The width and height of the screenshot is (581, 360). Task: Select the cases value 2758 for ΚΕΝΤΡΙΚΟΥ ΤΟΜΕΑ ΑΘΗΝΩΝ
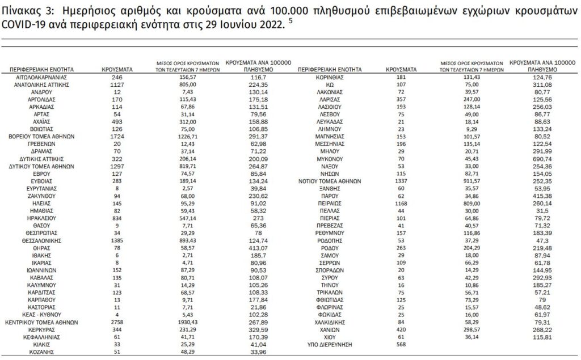117,321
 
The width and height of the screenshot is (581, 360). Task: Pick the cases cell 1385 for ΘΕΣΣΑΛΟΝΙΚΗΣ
117,240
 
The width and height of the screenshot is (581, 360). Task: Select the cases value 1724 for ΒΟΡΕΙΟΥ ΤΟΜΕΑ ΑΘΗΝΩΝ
117,137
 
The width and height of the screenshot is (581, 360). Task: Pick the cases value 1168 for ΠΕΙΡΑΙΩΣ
401,201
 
